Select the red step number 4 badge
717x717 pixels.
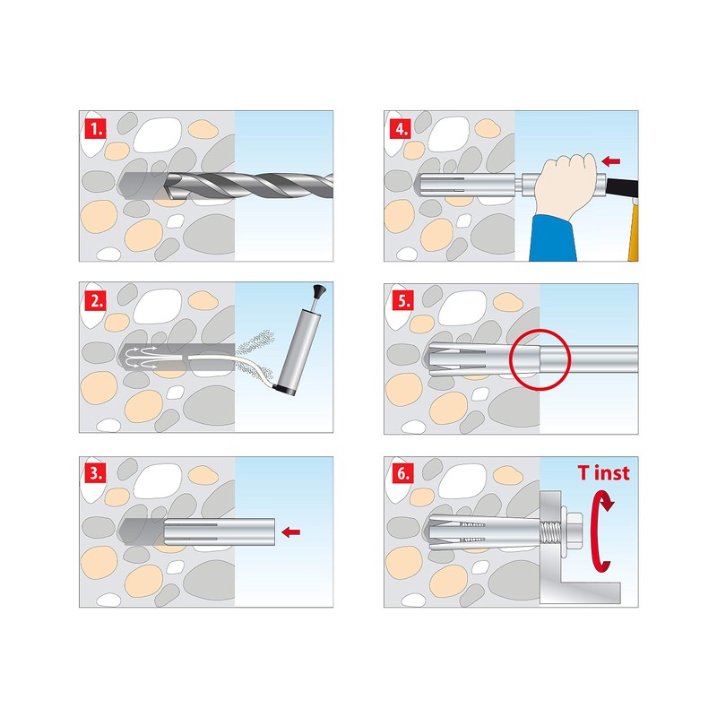pos(402,128)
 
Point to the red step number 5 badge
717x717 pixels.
pos(402,301)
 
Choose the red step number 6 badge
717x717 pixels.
pos(402,473)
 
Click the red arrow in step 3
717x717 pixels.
pos(289,532)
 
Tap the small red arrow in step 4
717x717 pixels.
pos(611,161)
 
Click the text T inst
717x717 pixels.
pos(602,473)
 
